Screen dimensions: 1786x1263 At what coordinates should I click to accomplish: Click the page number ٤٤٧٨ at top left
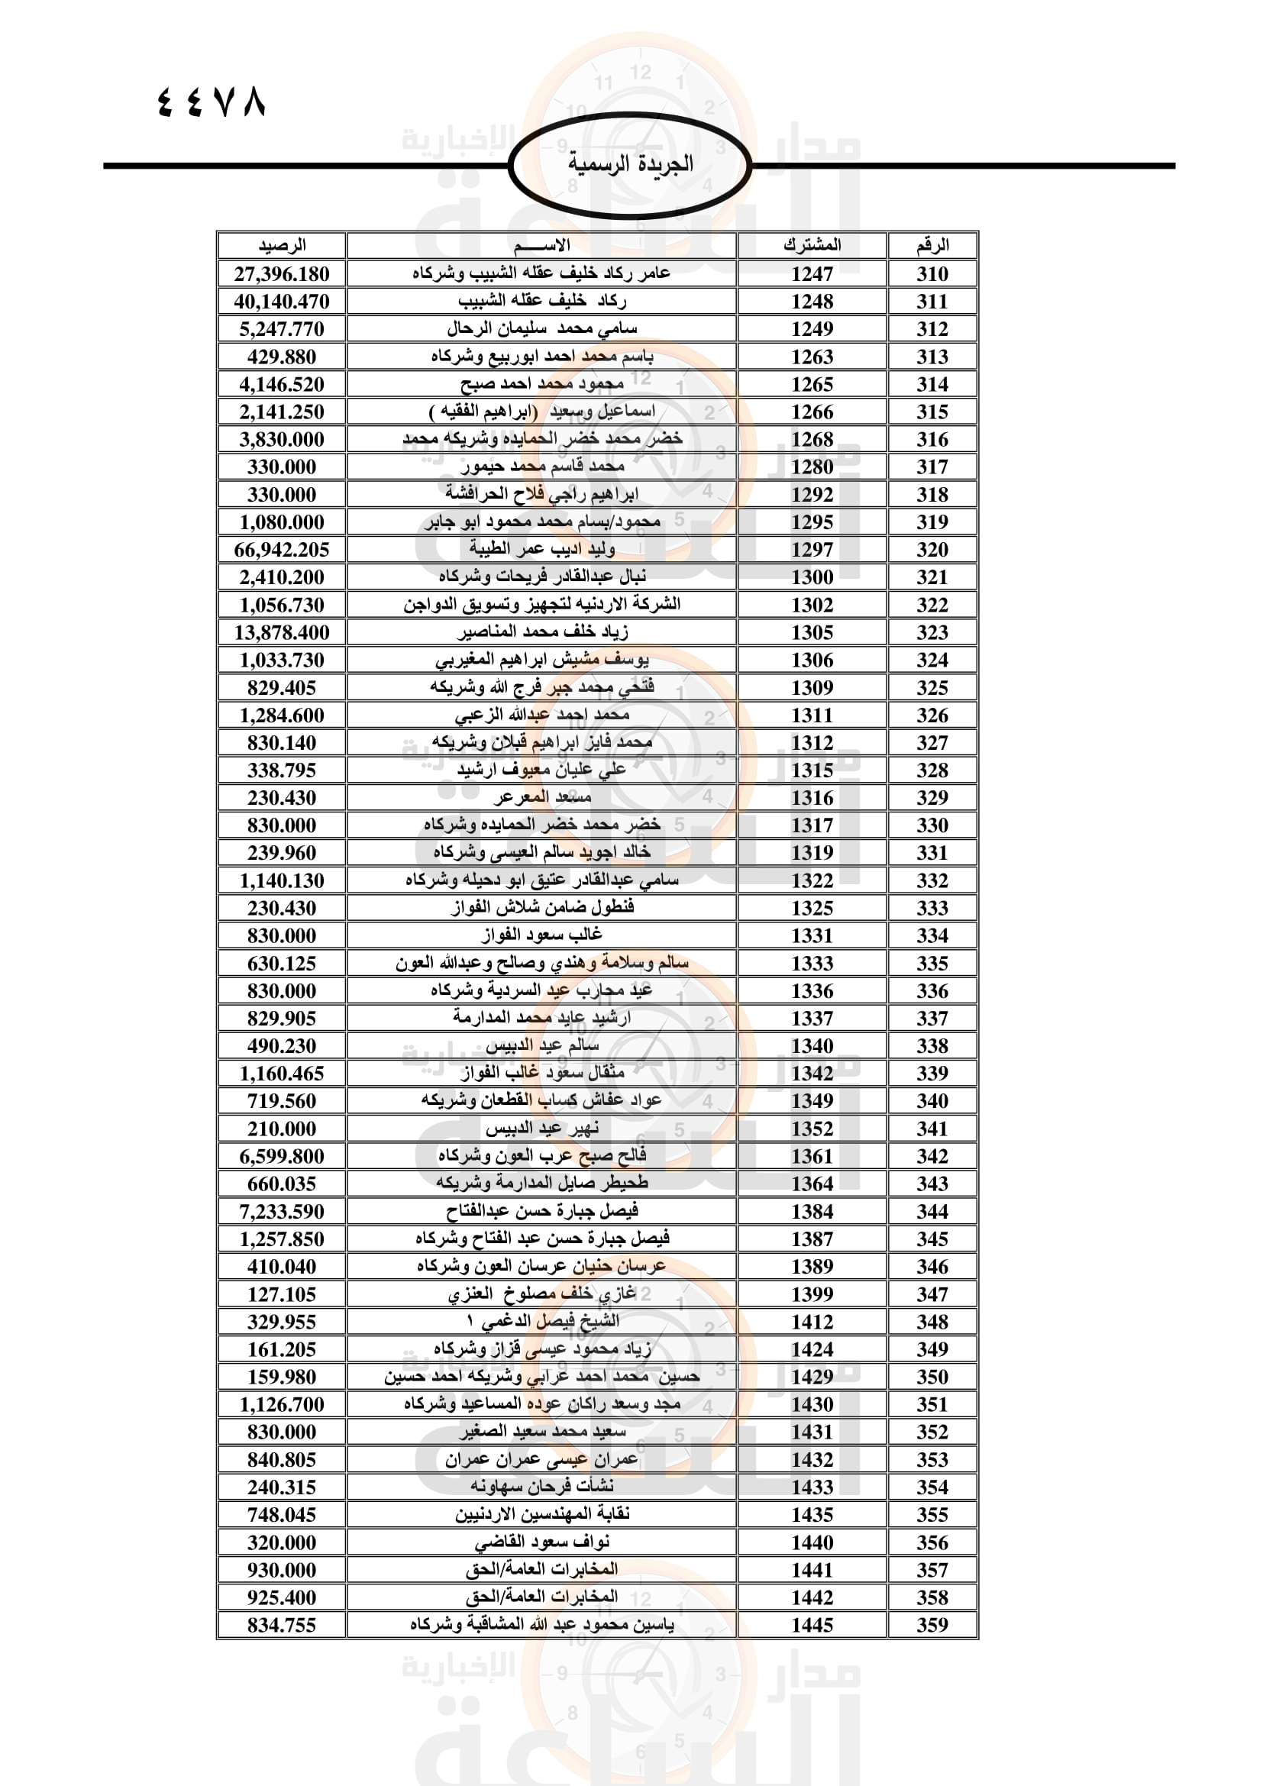point(212,102)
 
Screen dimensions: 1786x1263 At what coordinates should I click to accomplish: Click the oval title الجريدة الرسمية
point(630,164)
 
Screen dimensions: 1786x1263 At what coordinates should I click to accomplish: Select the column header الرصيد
point(282,246)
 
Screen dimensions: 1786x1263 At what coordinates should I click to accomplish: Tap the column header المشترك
point(812,246)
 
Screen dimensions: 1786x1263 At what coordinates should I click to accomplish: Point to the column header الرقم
point(932,246)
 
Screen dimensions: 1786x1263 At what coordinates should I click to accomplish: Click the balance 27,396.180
point(282,274)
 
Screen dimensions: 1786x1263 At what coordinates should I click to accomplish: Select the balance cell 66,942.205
point(282,550)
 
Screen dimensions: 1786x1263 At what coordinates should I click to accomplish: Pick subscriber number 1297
point(812,550)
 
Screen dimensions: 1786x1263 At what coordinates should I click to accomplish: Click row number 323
point(932,632)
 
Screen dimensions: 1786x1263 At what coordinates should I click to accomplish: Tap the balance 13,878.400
point(282,632)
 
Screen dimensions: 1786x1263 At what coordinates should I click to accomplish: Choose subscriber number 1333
point(812,964)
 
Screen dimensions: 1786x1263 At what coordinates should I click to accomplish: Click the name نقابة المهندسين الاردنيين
point(542,1514)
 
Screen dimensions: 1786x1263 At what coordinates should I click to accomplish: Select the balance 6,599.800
point(282,1157)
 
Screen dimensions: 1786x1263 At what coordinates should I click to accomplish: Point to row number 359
point(932,1625)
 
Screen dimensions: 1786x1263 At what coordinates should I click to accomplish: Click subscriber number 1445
point(812,1625)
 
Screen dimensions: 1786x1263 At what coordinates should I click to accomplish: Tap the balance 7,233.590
point(282,1212)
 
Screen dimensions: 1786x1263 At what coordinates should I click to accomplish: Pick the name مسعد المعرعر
point(542,798)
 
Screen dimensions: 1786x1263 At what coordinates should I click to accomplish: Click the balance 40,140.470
point(282,302)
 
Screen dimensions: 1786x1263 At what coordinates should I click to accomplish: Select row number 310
point(932,274)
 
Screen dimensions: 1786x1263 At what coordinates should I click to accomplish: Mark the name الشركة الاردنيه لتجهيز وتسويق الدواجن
point(542,605)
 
